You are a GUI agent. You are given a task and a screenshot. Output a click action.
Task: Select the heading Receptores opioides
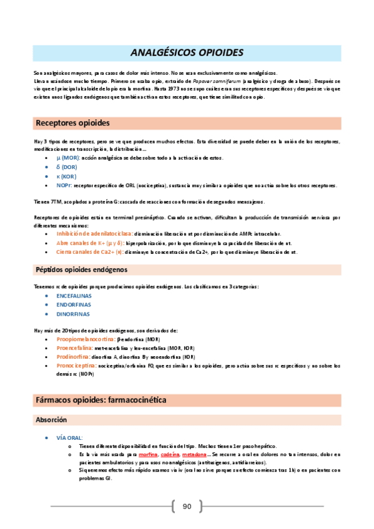point(73,122)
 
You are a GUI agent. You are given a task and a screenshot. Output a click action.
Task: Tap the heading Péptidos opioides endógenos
point(81,270)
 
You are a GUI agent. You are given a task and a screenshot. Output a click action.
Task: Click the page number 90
point(187,506)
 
